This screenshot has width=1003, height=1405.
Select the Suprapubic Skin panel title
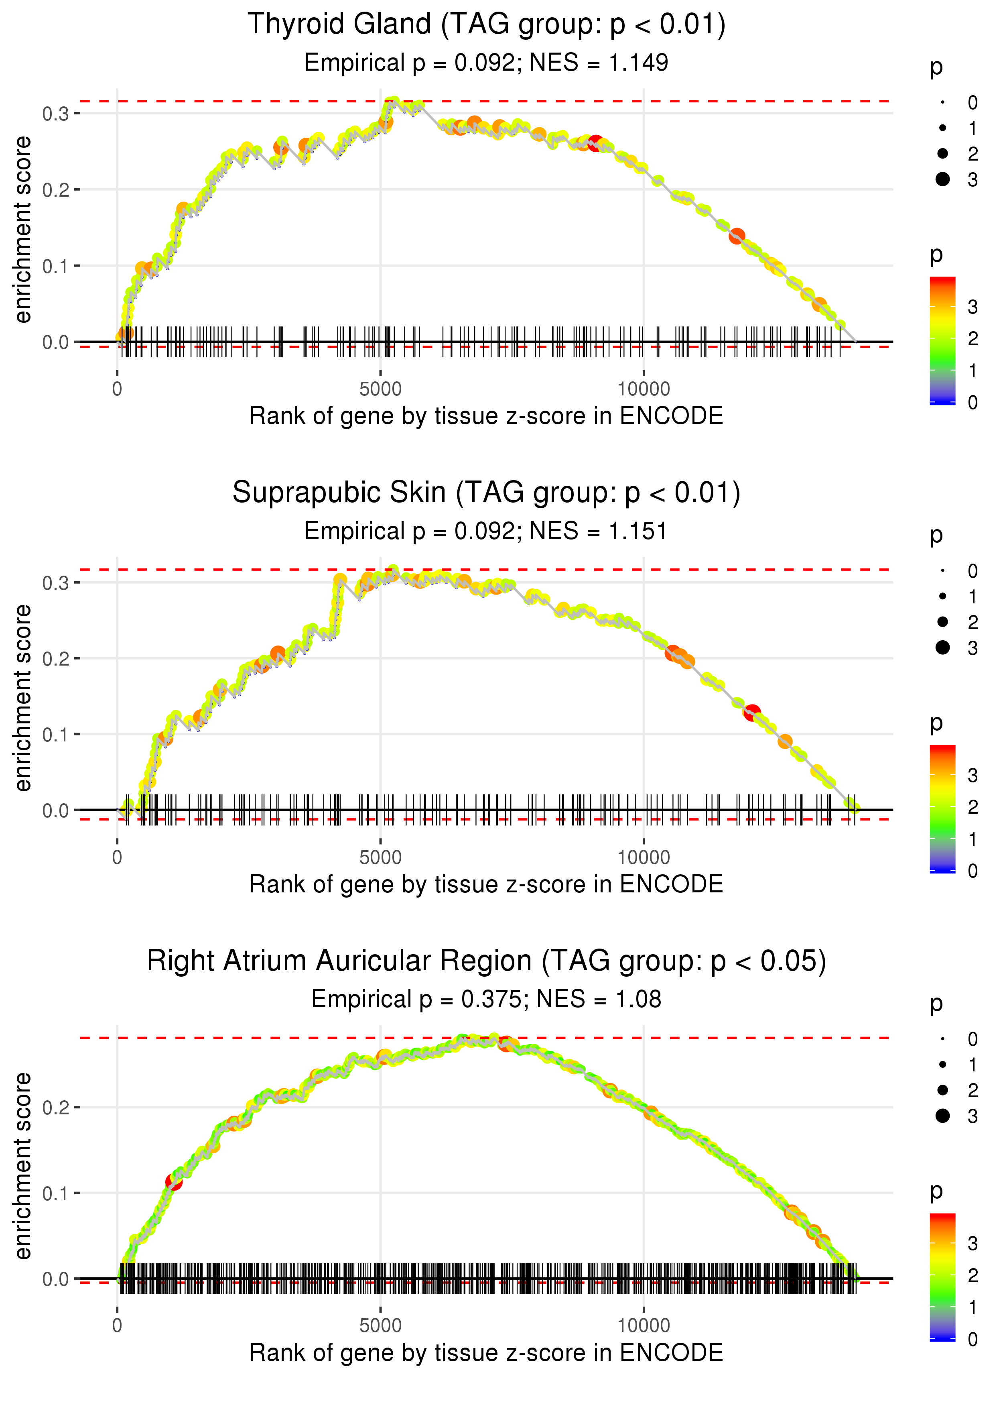click(x=486, y=493)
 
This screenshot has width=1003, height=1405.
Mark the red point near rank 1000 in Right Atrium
click(x=174, y=1182)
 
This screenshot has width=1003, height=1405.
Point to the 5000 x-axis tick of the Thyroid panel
click(x=380, y=389)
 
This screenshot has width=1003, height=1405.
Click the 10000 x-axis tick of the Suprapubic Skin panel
click(x=644, y=857)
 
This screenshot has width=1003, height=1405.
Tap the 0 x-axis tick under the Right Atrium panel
click(x=117, y=1326)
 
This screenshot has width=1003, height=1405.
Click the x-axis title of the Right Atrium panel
click(x=486, y=1353)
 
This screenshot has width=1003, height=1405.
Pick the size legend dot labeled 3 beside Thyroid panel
click(x=942, y=179)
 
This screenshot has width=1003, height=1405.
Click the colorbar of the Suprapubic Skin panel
click(x=942, y=808)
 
